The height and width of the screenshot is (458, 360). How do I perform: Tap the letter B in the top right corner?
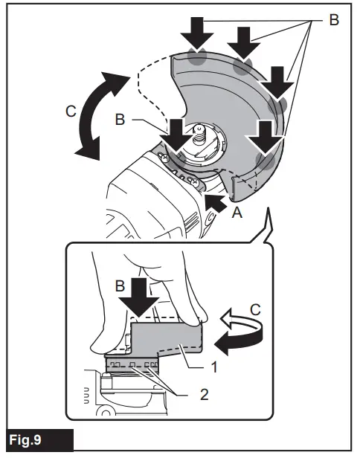(334, 20)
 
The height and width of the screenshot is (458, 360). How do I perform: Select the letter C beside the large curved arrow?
(69, 113)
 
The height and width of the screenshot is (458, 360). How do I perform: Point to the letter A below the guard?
(237, 213)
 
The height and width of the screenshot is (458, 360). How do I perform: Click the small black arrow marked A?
(216, 200)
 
